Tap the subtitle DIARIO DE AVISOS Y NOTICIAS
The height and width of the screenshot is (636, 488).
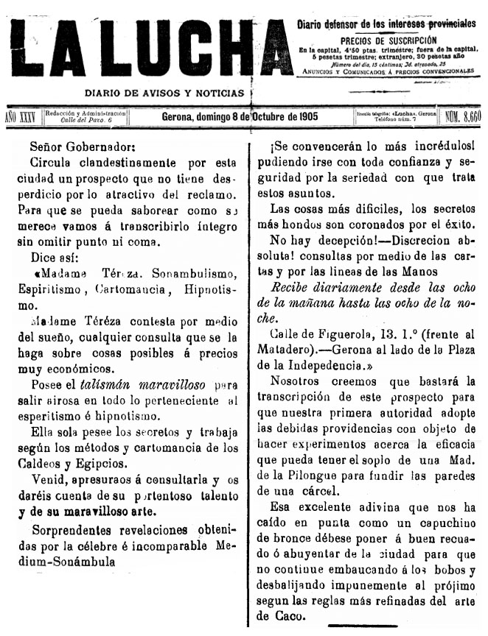164,93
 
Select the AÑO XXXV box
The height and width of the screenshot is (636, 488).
21,116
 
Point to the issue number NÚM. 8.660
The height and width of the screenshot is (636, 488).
463,116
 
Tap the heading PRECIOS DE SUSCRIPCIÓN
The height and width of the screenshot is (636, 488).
388,40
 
